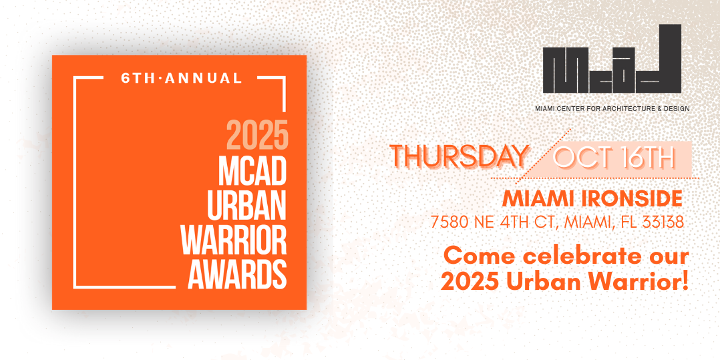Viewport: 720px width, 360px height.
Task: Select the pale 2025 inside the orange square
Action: tap(256, 134)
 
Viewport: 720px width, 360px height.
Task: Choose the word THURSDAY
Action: tap(460, 156)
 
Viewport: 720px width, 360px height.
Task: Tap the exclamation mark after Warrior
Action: tap(685, 282)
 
